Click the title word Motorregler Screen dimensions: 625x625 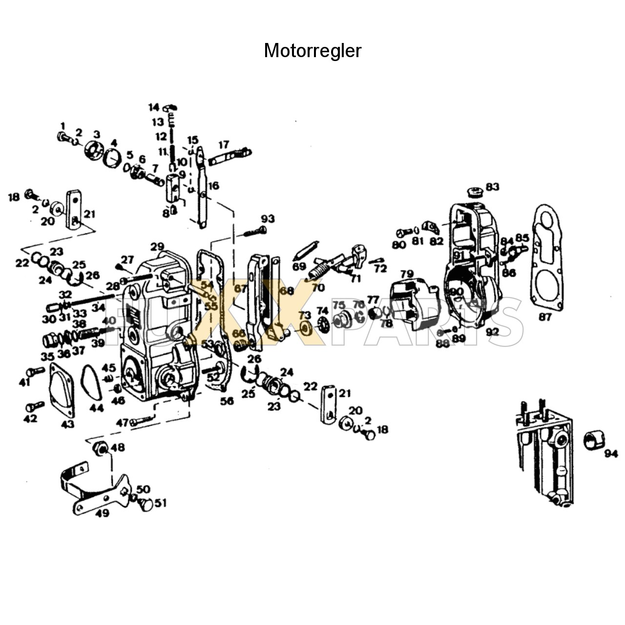pyautogui.click(x=312, y=51)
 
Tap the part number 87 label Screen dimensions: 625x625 pyautogui.click(x=545, y=317)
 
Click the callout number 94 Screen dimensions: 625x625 pyautogui.click(x=611, y=454)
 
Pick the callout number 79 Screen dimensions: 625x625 pyautogui.click(x=407, y=274)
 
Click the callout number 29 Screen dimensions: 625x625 pyautogui.click(x=157, y=247)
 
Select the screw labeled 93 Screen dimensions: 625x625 pyautogui.click(x=254, y=231)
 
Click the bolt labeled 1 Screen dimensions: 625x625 pyautogui.click(x=62, y=137)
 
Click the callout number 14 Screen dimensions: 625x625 pyautogui.click(x=154, y=107)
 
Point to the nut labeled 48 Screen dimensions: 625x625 pyautogui.click(x=101, y=447)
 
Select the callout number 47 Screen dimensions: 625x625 pyautogui.click(x=122, y=422)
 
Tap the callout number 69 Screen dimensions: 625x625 pyautogui.click(x=299, y=266)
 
